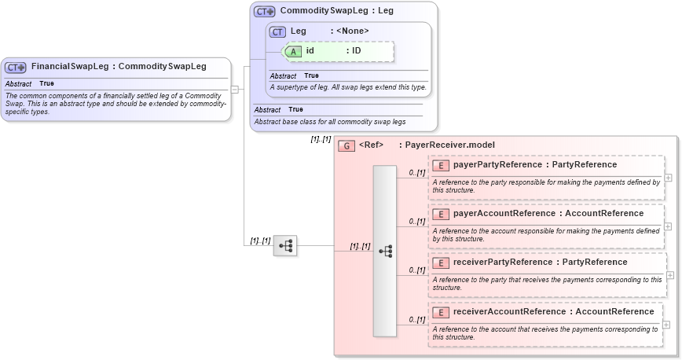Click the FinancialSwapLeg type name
click(69, 67)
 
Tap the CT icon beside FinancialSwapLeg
click(16, 67)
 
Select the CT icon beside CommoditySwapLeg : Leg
click(265, 12)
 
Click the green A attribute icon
click(293, 50)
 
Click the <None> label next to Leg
click(352, 31)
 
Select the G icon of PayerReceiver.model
click(346, 145)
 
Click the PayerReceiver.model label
click(449, 145)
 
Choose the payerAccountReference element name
click(504, 214)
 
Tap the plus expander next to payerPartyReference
click(668, 178)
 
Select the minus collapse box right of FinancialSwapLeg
click(234, 90)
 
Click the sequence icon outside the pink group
click(285, 246)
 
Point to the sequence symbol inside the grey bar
click(385, 251)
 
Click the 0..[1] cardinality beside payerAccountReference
click(416, 222)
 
